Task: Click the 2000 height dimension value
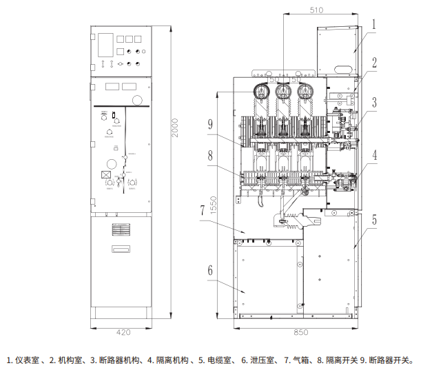(175, 127)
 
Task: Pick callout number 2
(374, 61)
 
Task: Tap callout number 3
(374, 103)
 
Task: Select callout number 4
(374, 155)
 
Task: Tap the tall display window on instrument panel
(105, 44)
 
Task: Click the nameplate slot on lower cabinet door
(122, 249)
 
